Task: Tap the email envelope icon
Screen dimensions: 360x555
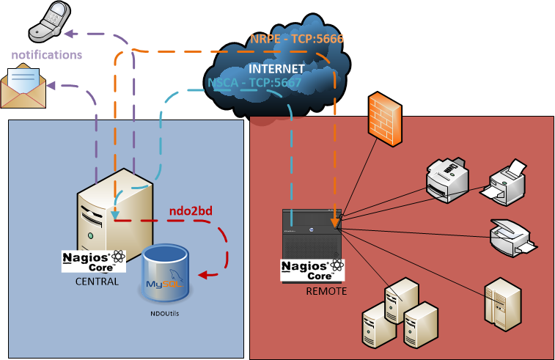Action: [x=23, y=86]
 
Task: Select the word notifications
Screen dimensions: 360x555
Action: [x=46, y=55]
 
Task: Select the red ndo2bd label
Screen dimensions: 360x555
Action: [x=191, y=211]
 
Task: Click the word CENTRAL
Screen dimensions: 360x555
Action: [x=97, y=282]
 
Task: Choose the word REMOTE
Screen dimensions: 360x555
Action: [x=326, y=291]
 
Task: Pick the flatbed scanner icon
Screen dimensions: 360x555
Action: [x=512, y=236]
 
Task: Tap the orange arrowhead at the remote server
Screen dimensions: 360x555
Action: [x=334, y=221]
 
